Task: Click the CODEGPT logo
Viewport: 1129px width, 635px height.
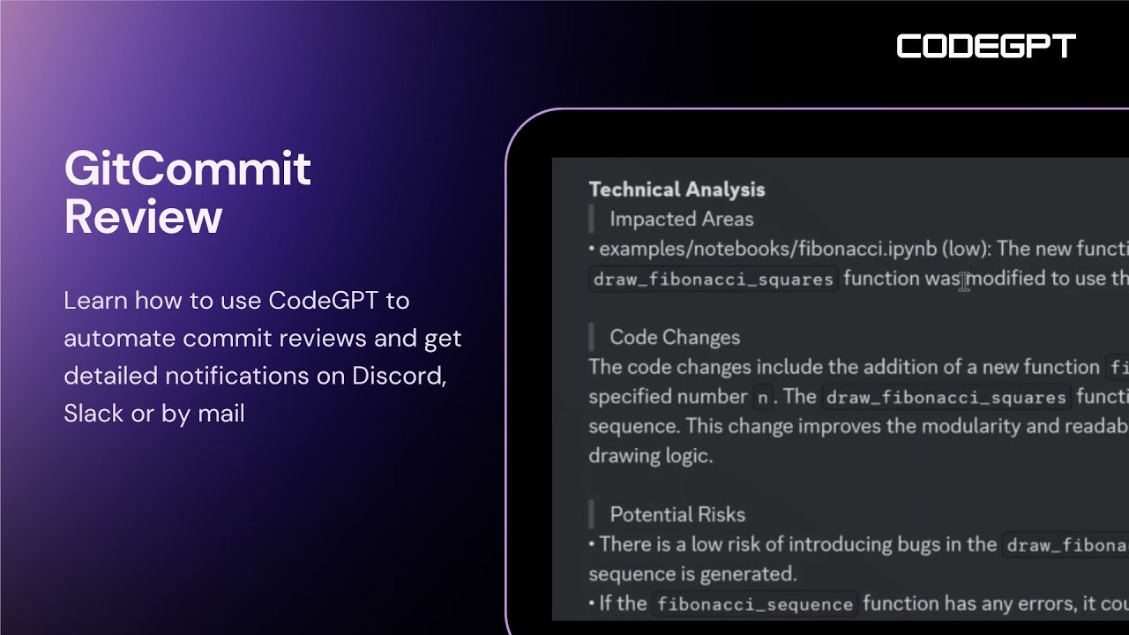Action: click(x=986, y=47)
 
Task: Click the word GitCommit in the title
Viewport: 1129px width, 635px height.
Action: click(x=187, y=168)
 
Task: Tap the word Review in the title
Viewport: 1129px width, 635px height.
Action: click(x=143, y=216)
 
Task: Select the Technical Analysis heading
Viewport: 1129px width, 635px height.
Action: click(x=677, y=189)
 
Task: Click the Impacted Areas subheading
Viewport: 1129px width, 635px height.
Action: click(x=681, y=219)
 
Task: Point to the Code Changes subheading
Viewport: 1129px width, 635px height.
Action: click(x=674, y=337)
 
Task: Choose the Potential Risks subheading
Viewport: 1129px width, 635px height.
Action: click(x=677, y=514)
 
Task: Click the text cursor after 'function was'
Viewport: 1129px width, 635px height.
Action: click(x=964, y=280)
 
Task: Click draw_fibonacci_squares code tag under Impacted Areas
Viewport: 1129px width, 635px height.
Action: click(x=713, y=280)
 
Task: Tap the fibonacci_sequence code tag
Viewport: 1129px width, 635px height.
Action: click(x=754, y=604)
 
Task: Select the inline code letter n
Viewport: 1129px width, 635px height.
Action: click(x=762, y=398)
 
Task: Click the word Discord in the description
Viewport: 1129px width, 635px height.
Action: click(x=399, y=376)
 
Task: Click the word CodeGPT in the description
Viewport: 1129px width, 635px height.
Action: click(x=324, y=301)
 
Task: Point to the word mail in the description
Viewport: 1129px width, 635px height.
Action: click(x=221, y=413)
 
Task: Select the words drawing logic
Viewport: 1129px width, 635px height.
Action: click(x=650, y=456)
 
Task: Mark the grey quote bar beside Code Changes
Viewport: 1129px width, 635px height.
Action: click(x=592, y=337)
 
